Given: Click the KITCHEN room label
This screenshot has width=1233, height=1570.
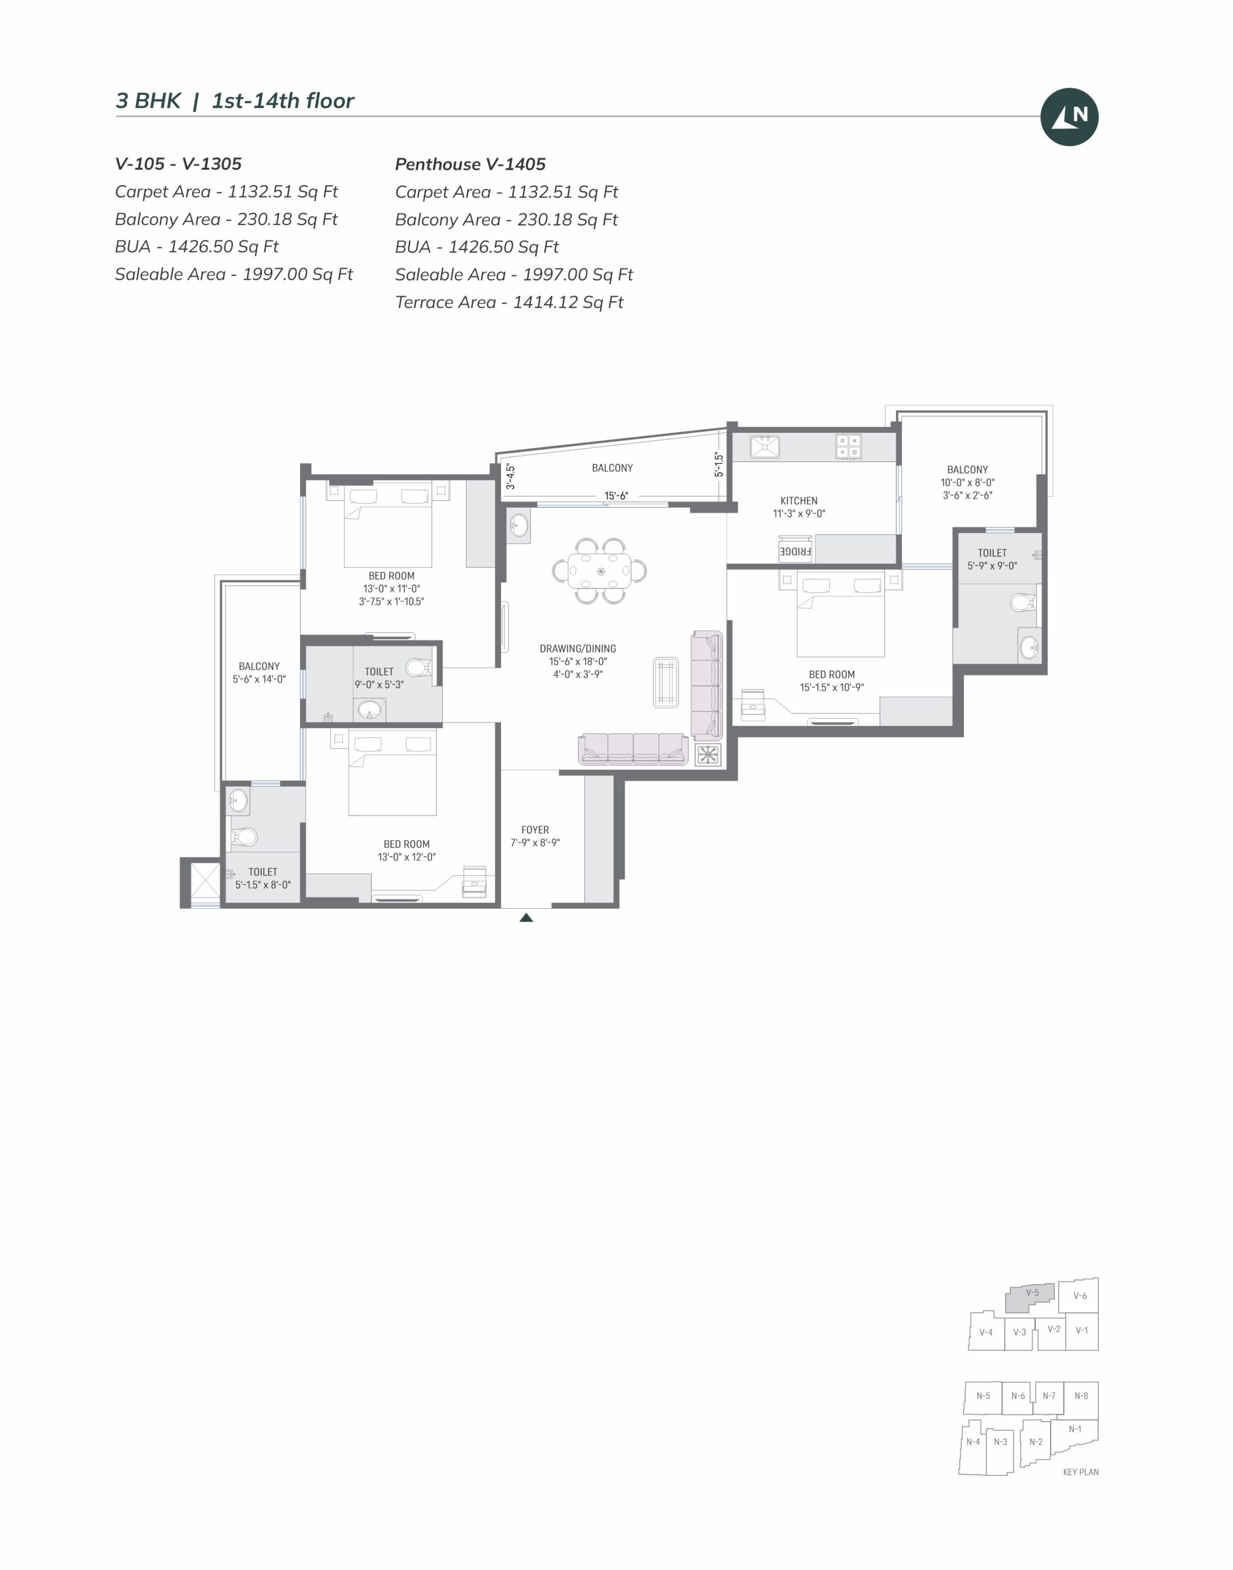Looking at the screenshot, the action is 798,500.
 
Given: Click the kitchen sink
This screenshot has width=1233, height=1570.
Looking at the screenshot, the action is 765,446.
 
